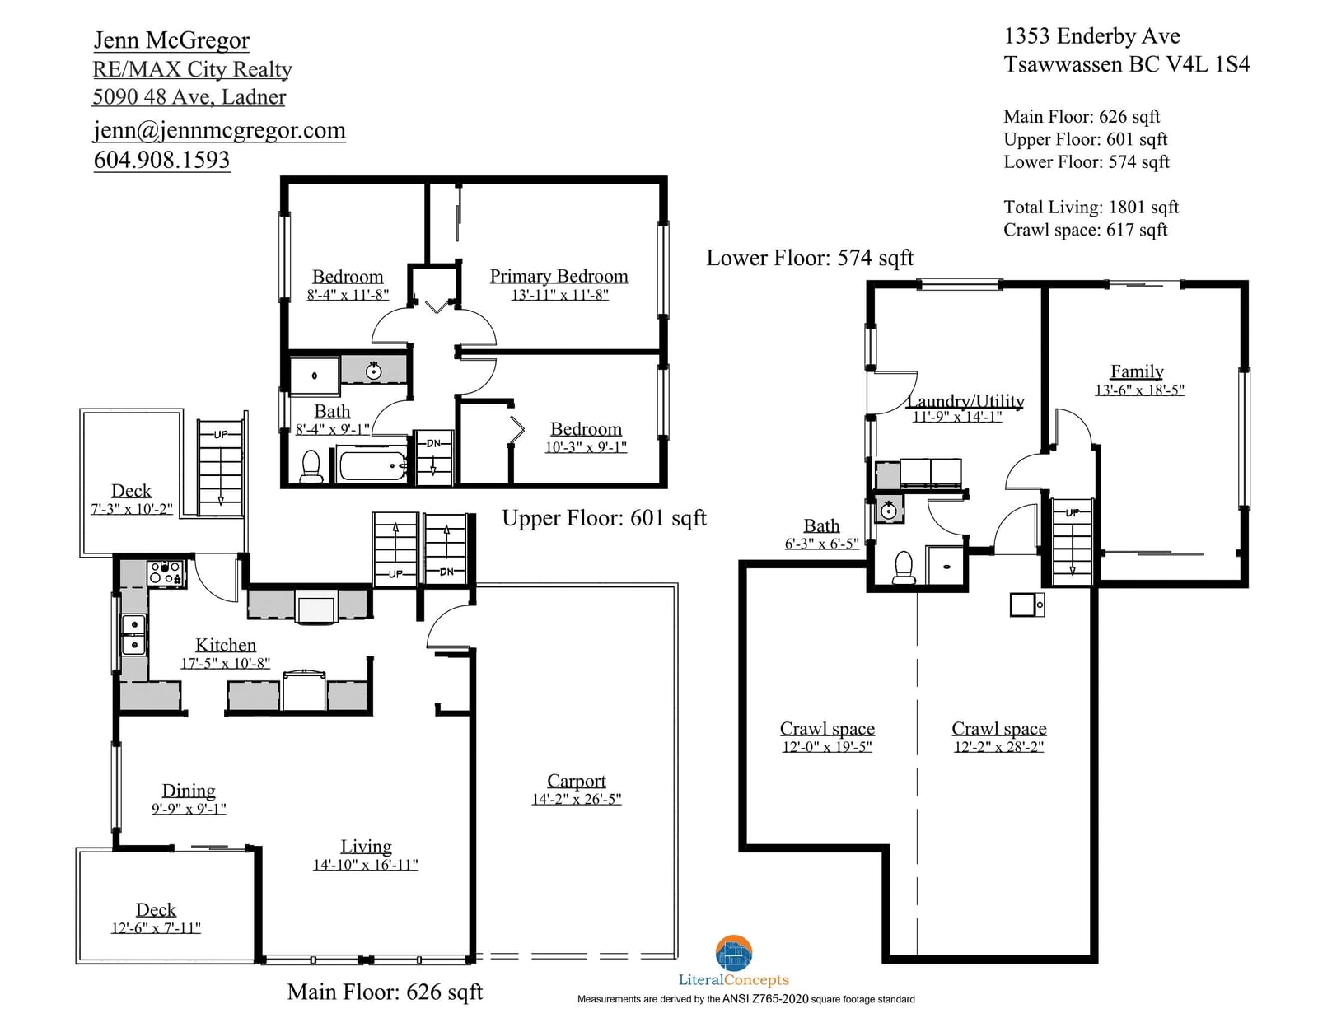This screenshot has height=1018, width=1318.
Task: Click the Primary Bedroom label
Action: [559, 276]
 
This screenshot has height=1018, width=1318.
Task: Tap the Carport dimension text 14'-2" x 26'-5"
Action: [577, 799]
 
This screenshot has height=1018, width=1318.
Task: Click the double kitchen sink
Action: [134, 634]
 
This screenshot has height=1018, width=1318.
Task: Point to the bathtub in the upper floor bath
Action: [372, 465]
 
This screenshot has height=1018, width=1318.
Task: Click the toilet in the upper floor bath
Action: [311, 465]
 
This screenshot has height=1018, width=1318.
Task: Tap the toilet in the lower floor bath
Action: [904, 567]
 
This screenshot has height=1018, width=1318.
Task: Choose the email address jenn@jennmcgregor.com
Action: [220, 130]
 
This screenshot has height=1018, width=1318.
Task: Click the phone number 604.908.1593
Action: [162, 160]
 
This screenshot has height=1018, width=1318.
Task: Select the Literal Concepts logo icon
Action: [734, 952]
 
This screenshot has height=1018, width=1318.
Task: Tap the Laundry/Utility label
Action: [965, 400]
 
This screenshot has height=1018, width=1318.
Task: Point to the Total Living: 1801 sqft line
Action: [1091, 208]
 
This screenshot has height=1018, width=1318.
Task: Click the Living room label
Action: [367, 847]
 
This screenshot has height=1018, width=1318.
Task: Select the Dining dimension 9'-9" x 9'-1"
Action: [189, 808]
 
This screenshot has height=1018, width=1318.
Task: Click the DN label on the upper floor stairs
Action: [433, 443]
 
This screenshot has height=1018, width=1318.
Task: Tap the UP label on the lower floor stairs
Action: [1073, 512]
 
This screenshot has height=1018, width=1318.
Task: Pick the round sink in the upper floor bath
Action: [374, 371]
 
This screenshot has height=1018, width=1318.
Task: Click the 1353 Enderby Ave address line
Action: [1091, 36]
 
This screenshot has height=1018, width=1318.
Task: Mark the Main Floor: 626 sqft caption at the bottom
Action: [386, 992]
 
